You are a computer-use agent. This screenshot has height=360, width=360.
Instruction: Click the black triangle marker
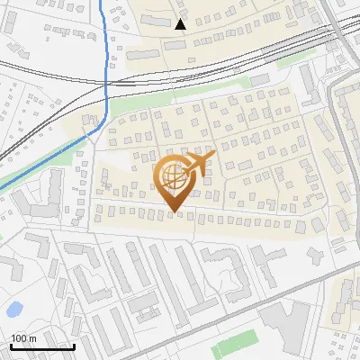click(x=180, y=24)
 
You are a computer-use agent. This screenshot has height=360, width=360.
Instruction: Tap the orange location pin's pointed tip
click(x=175, y=213)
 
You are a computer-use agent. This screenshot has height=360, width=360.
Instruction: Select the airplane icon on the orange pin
click(x=199, y=163)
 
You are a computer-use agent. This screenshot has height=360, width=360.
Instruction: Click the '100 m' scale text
click(x=23, y=338)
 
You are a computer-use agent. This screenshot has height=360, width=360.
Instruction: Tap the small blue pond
click(x=14, y=310)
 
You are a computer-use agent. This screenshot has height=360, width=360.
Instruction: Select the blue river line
click(x=108, y=54)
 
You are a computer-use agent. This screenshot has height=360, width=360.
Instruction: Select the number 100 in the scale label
click(x=18, y=338)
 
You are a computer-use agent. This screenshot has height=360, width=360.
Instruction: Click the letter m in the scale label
click(x=32, y=338)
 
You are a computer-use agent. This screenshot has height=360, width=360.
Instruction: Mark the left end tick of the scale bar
click(x=11, y=345)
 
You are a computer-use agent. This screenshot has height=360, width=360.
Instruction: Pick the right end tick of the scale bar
click(x=74, y=345)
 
